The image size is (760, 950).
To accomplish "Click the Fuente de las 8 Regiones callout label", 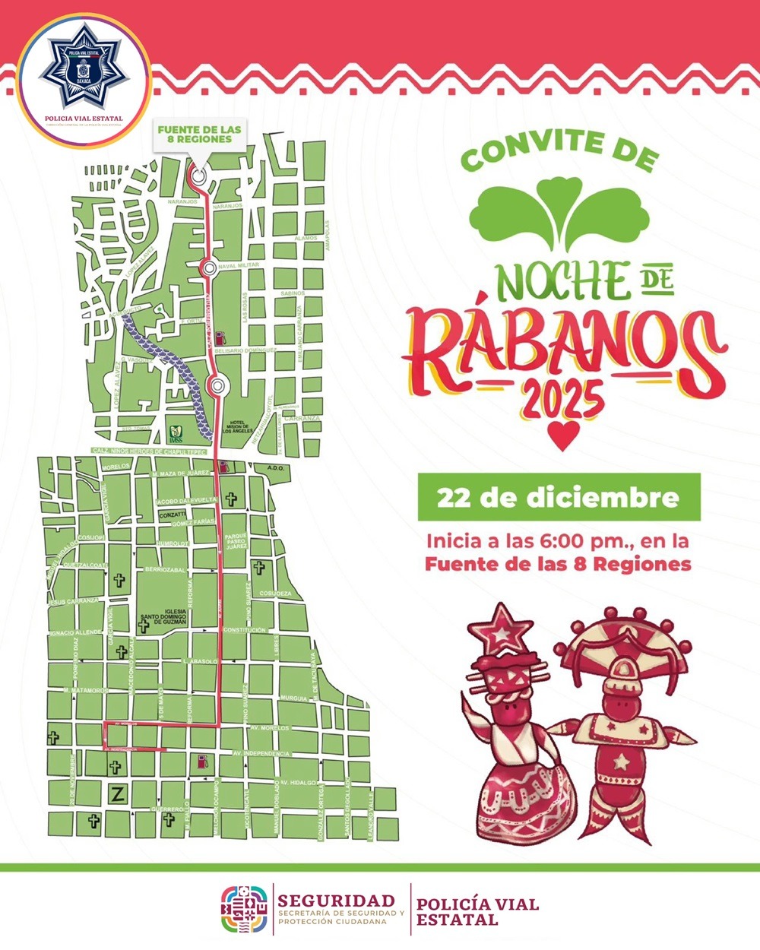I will [199, 135].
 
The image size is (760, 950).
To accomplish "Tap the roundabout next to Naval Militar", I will [207, 268].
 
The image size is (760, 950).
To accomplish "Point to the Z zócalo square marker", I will [117, 795].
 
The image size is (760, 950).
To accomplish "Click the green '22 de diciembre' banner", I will [559, 497].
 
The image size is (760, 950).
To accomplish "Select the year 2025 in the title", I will [564, 397].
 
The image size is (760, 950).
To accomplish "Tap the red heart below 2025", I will [563, 435].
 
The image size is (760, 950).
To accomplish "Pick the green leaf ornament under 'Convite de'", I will [561, 213].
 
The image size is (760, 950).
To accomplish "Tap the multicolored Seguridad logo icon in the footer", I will [245, 909].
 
